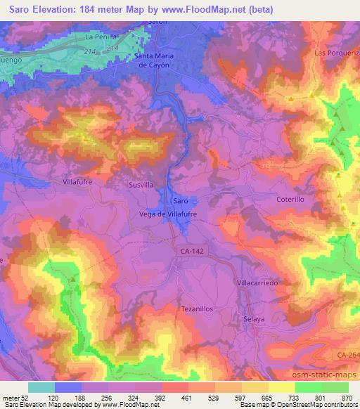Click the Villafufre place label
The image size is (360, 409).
coord(88,181)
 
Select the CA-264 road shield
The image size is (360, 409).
coord(348,356)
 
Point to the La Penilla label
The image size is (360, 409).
coord(100,35)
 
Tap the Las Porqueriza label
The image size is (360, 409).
coord(336,53)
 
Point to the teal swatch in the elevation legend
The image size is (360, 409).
coord(41,387)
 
